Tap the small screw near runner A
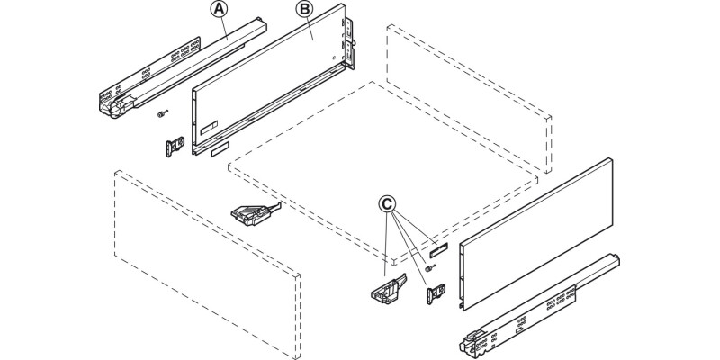(x=159, y=112)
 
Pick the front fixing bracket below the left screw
(x=175, y=148)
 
